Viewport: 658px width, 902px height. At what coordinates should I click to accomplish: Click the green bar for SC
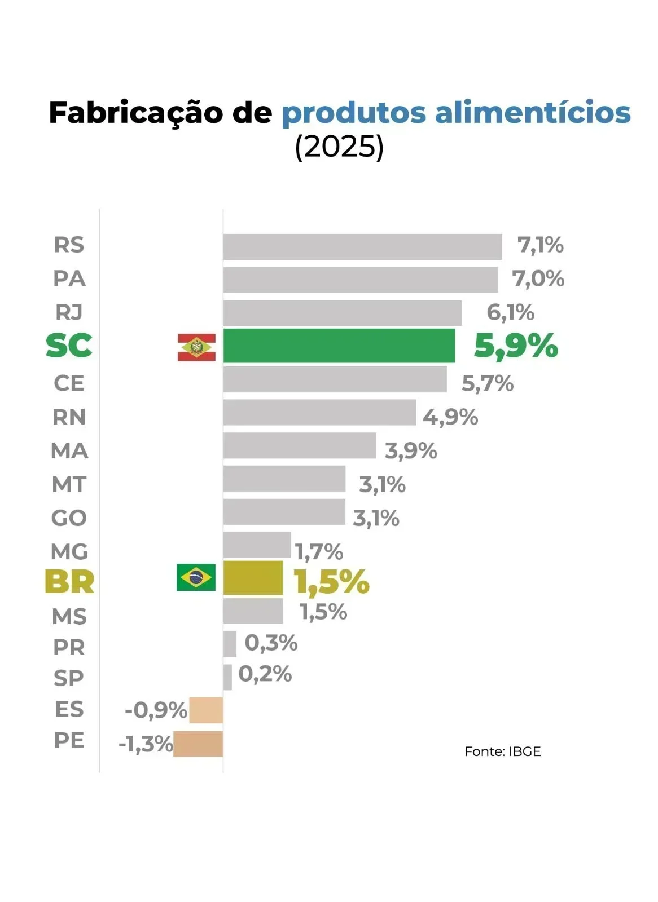[x=339, y=346]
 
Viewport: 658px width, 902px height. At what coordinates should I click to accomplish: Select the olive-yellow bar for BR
[x=253, y=578]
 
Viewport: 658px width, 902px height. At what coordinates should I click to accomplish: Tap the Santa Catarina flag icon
[x=196, y=347]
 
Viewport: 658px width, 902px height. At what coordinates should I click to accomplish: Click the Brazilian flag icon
[x=196, y=577]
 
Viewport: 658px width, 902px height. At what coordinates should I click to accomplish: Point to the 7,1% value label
[x=540, y=245]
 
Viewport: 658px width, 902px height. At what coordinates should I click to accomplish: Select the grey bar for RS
[x=362, y=247]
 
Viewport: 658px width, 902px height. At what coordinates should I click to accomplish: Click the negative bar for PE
[x=198, y=744]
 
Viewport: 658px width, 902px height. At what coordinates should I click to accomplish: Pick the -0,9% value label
[x=156, y=710]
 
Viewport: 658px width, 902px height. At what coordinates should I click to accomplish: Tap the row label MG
[x=69, y=551]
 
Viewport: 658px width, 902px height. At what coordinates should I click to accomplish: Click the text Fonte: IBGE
[x=502, y=751]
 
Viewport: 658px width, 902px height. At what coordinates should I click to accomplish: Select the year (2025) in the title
[x=339, y=147]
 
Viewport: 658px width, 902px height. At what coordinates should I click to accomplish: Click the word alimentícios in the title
[x=532, y=112]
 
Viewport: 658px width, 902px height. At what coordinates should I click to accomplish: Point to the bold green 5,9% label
[x=516, y=346]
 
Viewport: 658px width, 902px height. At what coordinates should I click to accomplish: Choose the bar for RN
[x=319, y=413]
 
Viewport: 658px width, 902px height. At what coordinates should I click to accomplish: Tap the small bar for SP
[x=227, y=677]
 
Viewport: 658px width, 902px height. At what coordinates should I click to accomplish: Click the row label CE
[x=69, y=383]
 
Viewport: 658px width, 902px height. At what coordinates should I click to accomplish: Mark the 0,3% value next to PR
[x=271, y=643]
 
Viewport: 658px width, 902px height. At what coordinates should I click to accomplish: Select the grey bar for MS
[x=253, y=611]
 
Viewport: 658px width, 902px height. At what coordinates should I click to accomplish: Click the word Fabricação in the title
[x=137, y=112]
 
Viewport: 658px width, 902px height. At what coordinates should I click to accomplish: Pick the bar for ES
[x=206, y=710]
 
